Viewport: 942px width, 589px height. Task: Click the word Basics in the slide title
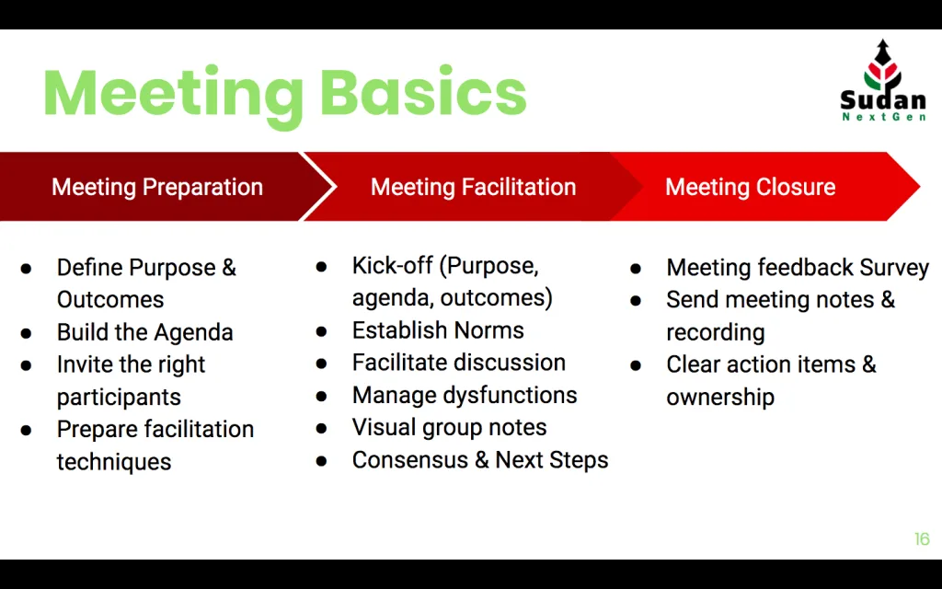click(x=423, y=92)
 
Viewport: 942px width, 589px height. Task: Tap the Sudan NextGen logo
click(x=882, y=81)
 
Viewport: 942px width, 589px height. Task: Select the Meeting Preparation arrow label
click(x=157, y=187)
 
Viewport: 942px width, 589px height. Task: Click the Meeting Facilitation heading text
click(x=474, y=187)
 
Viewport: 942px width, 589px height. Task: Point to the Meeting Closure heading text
click(x=751, y=187)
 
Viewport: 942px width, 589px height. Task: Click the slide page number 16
click(x=922, y=539)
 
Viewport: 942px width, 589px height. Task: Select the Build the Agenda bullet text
click(x=144, y=332)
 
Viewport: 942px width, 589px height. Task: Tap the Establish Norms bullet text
click(x=438, y=330)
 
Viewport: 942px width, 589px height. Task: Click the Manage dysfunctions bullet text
click(x=465, y=395)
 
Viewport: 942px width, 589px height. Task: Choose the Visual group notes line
click(x=449, y=427)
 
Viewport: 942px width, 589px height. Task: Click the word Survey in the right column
click(x=894, y=268)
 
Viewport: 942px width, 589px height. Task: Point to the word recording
click(x=716, y=332)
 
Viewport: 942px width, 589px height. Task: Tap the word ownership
click(x=720, y=398)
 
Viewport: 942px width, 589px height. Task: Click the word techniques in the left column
click(x=114, y=462)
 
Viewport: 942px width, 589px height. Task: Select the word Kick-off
click(x=392, y=265)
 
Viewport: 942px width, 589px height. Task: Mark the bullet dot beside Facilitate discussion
click(x=321, y=364)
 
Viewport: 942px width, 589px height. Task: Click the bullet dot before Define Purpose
click(x=26, y=269)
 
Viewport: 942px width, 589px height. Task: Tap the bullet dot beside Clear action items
click(x=636, y=365)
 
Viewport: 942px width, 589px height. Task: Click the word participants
click(x=119, y=398)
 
